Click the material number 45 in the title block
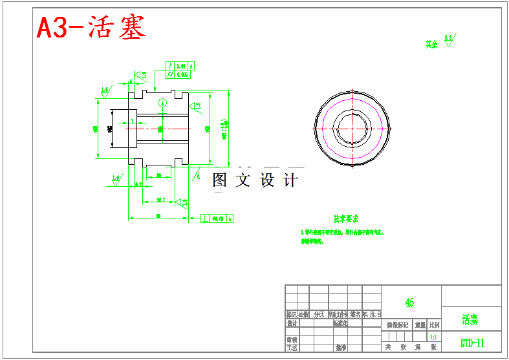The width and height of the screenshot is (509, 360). [x=409, y=302]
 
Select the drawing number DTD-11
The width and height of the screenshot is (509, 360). [x=471, y=343]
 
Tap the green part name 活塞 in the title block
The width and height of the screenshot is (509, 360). [x=470, y=319]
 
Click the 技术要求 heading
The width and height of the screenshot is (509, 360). [x=346, y=219]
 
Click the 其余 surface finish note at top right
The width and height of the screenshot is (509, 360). [x=432, y=45]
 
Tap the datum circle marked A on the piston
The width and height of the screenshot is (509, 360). [x=162, y=102]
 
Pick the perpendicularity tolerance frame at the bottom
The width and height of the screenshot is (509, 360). [x=217, y=218]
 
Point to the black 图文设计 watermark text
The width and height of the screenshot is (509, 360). [x=256, y=180]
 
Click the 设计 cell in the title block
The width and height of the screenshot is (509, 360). [x=292, y=323]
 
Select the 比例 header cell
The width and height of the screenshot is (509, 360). [x=434, y=325]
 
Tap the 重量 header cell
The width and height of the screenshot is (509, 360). [x=420, y=325]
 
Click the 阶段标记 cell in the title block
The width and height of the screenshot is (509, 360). [x=397, y=325]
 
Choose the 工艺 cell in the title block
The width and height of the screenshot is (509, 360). [x=292, y=347]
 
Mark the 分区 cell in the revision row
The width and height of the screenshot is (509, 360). [x=319, y=315]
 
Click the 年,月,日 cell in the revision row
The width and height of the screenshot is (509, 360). [x=371, y=315]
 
